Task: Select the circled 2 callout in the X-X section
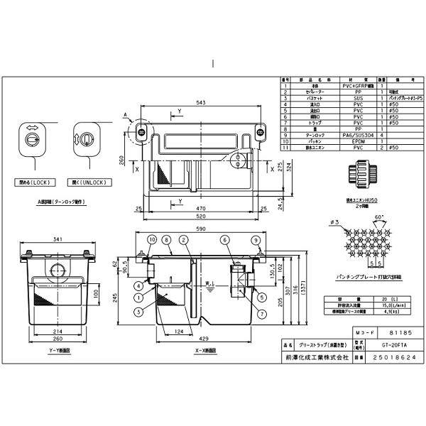pos(183,241)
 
